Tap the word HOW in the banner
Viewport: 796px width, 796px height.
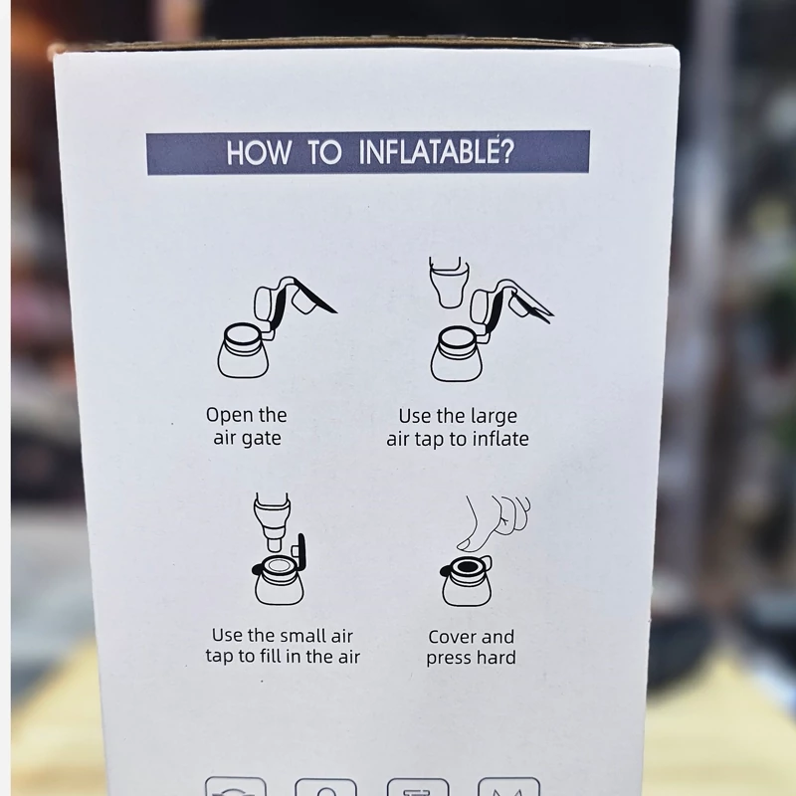[259, 153]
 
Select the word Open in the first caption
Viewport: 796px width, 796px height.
[227, 416]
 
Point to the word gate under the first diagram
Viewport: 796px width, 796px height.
[261, 439]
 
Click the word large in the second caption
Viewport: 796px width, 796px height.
[494, 417]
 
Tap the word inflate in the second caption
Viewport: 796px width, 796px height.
[500, 439]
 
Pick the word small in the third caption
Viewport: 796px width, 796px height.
[304, 636]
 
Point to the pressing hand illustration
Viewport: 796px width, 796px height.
[494, 523]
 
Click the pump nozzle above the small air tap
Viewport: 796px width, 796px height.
[272, 521]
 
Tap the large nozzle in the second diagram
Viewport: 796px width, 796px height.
[447, 283]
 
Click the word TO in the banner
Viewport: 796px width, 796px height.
[325, 152]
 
